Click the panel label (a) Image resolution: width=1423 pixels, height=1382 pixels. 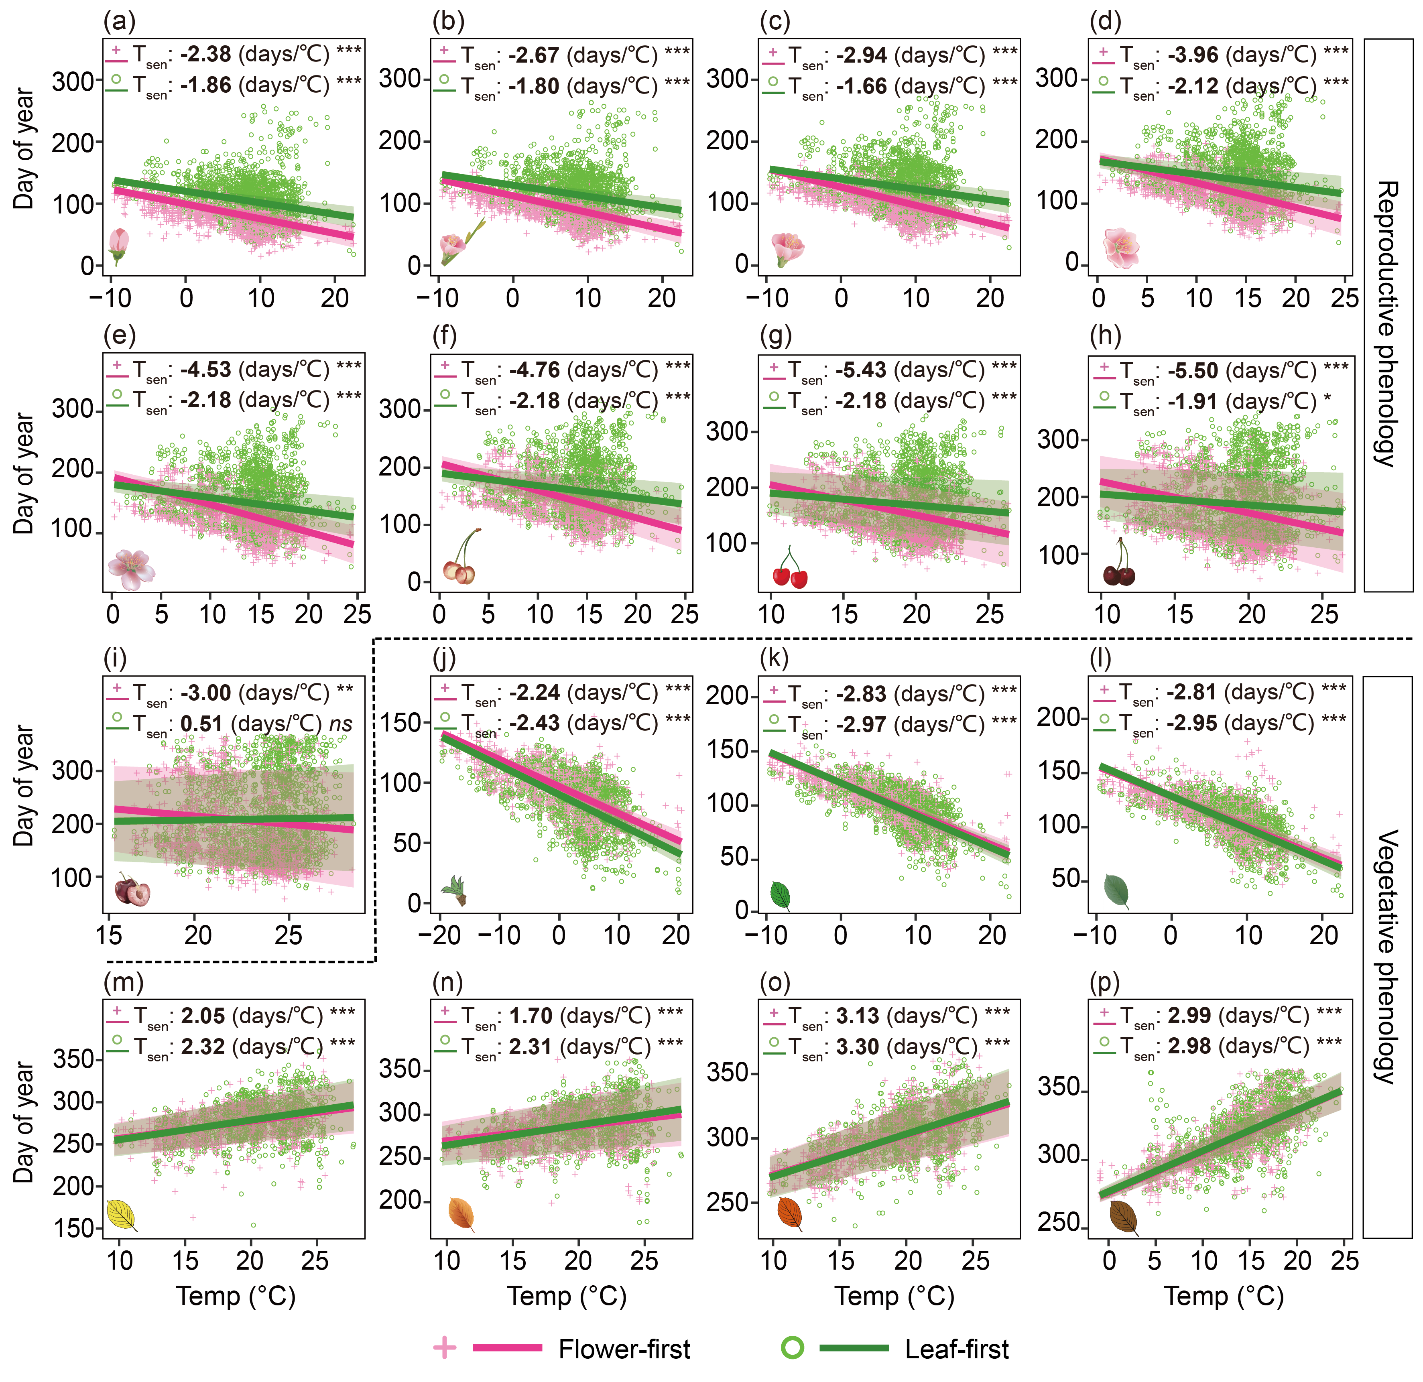point(119,22)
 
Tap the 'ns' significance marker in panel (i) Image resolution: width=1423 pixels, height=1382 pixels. point(340,724)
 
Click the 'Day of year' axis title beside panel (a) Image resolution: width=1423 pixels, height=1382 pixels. point(24,149)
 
